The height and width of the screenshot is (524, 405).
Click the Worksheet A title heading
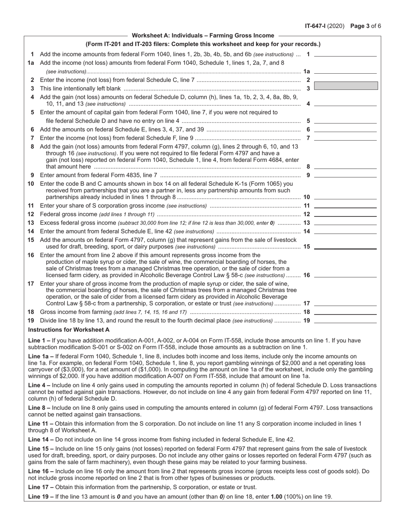click(203, 36)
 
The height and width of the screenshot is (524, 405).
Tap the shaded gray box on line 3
click(346, 86)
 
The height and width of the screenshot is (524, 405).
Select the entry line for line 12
click(345, 214)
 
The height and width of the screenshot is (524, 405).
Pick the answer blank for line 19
click(345, 321)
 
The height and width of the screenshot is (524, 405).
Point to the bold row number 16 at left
click(31, 255)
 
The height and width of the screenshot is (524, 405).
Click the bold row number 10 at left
click(31, 184)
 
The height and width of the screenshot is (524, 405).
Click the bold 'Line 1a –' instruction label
click(41, 356)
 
